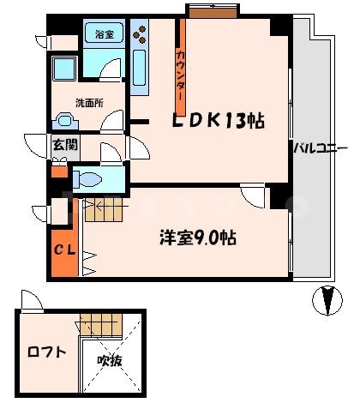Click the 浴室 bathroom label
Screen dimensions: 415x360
tap(105, 36)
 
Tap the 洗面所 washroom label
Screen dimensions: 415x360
tap(89, 103)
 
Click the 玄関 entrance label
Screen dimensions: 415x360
tap(63, 145)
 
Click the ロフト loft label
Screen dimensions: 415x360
tap(45, 351)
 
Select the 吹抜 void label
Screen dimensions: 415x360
tap(109, 361)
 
